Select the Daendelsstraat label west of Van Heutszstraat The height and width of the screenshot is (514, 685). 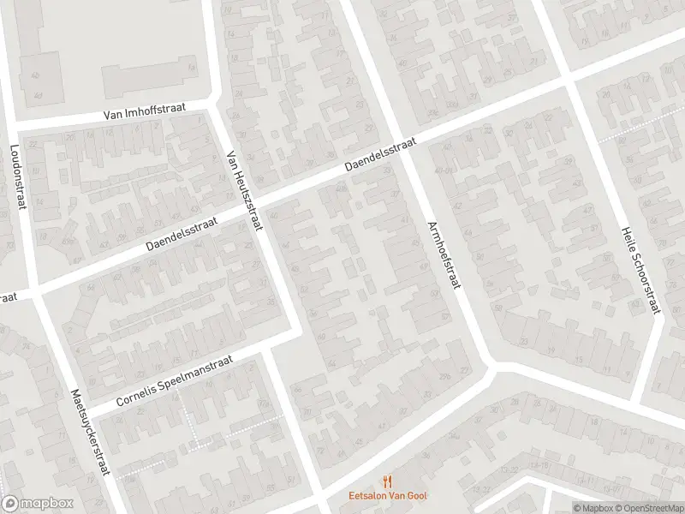182,232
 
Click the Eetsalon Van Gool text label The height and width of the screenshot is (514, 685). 388,494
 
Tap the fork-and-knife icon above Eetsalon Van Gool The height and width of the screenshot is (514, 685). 388,481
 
